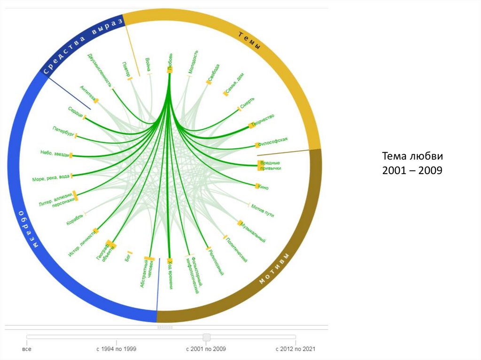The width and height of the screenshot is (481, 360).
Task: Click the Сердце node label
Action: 75,112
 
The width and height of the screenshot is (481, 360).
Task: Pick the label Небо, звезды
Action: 55,153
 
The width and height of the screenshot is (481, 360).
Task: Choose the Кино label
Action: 263,187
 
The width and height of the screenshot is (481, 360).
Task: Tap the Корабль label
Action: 75,219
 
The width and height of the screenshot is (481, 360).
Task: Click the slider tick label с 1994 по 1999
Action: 116,349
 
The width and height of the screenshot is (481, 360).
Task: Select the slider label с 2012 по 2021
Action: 295,349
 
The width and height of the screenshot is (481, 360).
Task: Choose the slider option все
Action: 27,349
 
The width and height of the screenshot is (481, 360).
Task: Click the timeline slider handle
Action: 206,337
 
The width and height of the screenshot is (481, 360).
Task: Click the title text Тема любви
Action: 412,156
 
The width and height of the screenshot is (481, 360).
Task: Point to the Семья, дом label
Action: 234,86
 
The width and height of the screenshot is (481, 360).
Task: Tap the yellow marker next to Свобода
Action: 208,83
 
